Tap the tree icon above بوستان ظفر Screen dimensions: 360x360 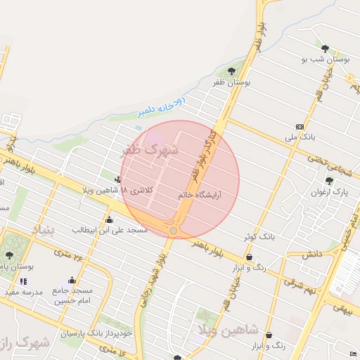[232, 70]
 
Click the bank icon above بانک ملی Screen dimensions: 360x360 [300, 126]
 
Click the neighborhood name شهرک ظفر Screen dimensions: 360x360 [150, 150]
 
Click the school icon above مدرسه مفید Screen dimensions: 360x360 [23, 281]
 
